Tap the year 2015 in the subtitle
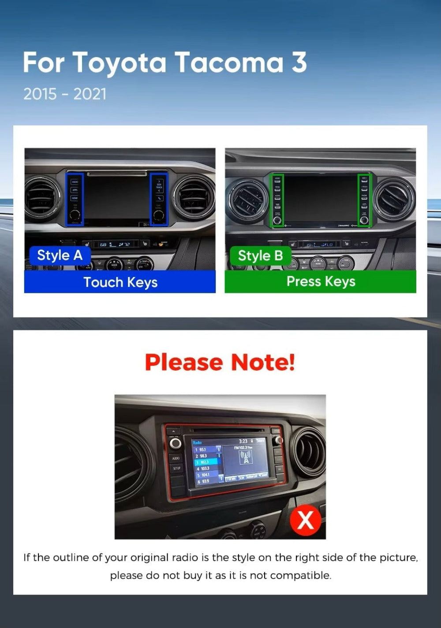[40, 94]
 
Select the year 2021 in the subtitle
[90, 94]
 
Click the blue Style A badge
[60, 255]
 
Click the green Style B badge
[260, 256]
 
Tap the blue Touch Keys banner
[120, 282]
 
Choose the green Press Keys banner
[321, 281]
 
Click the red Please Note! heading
[220, 362]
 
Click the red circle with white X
[306, 520]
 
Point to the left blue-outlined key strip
[75, 199]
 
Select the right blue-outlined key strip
[159, 199]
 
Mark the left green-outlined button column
[277, 201]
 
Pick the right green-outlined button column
[364, 201]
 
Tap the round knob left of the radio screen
[176, 443]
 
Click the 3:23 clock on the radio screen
[243, 441]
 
